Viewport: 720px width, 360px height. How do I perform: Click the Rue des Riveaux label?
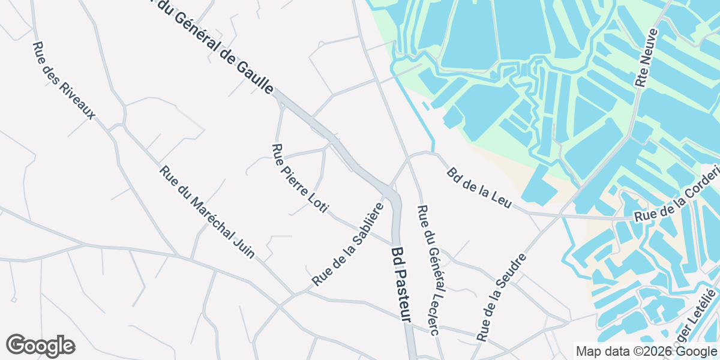[x=64, y=80]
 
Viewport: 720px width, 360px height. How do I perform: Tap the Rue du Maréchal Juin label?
[x=208, y=212]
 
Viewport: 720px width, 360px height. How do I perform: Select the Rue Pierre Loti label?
[x=300, y=179]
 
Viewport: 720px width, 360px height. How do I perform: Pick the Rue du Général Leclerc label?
[x=428, y=270]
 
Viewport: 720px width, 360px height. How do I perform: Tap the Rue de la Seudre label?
[x=501, y=297]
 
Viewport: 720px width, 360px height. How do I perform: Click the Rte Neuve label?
[x=647, y=58]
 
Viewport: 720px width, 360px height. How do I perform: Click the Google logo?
[x=40, y=346]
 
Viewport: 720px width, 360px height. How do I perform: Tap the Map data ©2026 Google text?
[x=646, y=351]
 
